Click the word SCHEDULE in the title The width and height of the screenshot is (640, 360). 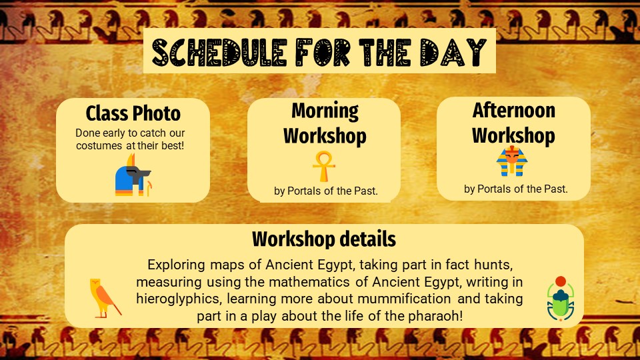(x=219, y=52)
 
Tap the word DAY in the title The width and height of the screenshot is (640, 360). (x=453, y=52)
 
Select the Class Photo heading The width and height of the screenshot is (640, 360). (x=133, y=113)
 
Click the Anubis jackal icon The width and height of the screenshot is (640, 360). (x=133, y=175)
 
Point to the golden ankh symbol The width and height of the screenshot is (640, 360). (x=324, y=166)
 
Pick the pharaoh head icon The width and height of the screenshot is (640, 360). (x=512, y=161)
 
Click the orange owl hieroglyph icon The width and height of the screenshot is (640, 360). (x=105, y=298)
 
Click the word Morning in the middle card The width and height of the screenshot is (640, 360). (x=325, y=111)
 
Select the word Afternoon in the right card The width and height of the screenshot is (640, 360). (x=514, y=110)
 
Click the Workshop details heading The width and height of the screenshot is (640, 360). (x=324, y=239)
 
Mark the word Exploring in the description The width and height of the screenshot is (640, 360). (x=176, y=265)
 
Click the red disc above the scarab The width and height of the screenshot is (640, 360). (x=561, y=281)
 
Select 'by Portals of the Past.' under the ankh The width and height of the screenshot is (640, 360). (x=326, y=191)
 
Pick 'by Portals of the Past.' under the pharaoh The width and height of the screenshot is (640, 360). (x=515, y=189)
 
